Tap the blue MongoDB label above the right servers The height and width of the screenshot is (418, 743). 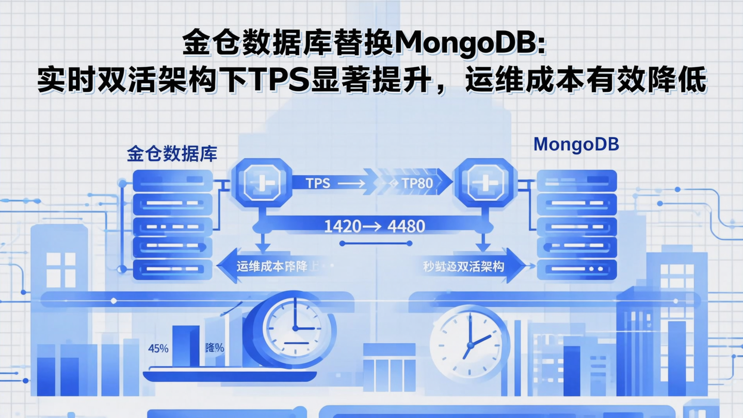[576, 144]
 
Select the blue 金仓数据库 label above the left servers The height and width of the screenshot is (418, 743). [172, 154]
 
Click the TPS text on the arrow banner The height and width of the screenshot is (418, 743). [318, 183]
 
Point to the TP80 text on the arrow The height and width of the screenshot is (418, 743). [417, 183]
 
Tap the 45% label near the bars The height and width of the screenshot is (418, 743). [158, 348]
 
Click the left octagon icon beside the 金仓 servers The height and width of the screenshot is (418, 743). [261, 182]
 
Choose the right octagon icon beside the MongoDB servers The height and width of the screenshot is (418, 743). [484, 182]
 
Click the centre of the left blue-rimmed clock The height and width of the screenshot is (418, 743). [294, 328]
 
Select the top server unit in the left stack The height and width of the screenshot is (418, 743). [173, 181]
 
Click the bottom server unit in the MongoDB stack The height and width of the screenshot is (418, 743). [577, 269]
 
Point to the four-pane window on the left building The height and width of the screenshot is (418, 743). [60, 270]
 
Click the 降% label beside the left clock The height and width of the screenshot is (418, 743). [214, 348]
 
